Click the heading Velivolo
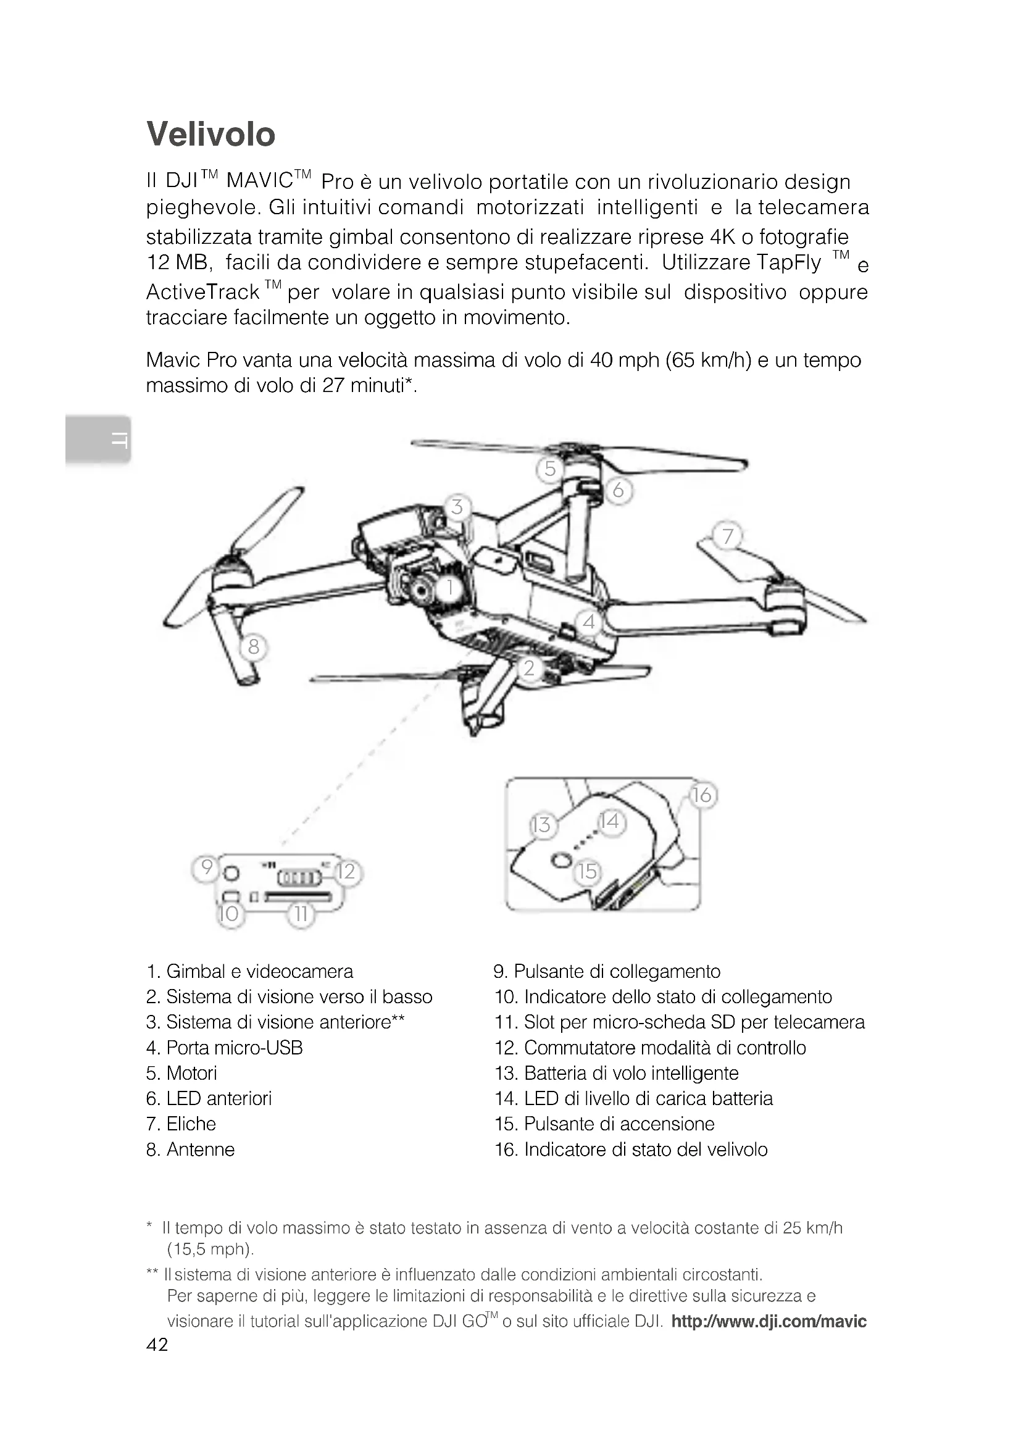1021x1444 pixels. pyautogui.click(x=210, y=135)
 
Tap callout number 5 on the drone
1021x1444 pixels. pyautogui.click(x=550, y=469)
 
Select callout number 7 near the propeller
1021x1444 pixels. pyautogui.click(x=727, y=536)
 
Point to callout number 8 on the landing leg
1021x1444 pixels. pyautogui.click(x=253, y=646)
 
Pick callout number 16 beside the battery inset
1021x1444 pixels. pyautogui.click(x=702, y=796)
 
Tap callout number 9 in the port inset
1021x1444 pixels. pyautogui.click(x=206, y=869)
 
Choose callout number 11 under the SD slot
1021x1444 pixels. pyautogui.click(x=301, y=913)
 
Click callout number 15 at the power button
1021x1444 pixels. pyautogui.click(x=588, y=871)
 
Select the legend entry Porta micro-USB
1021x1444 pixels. pyautogui.click(x=225, y=1048)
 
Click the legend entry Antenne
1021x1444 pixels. pyautogui.click(x=191, y=1150)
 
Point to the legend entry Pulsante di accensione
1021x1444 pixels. pyautogui.click(x=605, y=1124)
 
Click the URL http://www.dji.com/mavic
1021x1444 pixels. pyautogui.click(x=769, y=1321)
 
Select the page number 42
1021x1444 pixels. pyautogui.click(x=157, y=1345)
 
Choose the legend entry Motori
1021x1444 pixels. pyautogui.click(x=181, y=1073)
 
